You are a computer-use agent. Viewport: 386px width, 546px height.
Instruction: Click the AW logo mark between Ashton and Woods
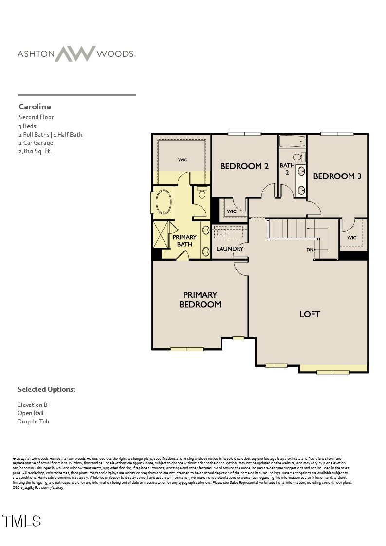(x=75, y=53)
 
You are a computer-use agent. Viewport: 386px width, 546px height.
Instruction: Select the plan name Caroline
(x=35, y=106)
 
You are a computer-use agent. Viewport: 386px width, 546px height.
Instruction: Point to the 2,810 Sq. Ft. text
(x=35, y=151)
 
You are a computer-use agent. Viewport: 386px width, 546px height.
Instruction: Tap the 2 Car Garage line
(x=36, y=143)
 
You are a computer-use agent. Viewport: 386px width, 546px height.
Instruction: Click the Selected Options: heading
(x=46, y=389)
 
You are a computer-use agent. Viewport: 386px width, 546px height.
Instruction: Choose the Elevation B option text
(x=33, y=405)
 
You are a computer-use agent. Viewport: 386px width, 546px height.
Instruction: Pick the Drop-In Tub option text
(x=33, y=422)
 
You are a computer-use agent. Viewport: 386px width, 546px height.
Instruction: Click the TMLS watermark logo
(x=21, y=521)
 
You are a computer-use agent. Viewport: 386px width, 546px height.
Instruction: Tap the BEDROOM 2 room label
(x=244, y=166)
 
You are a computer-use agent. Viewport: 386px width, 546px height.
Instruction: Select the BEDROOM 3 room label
(x=337, y=176)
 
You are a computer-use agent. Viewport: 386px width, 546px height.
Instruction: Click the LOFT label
(x=310, y=314)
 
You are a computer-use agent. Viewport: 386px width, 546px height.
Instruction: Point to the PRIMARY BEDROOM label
(x=200, y=299)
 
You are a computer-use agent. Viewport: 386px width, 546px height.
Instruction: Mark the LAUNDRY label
(x=230, y=249)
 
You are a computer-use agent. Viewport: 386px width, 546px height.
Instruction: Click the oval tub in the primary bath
(x=163, y=204)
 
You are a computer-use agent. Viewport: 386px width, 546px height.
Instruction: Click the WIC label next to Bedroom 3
(x=351, y=238)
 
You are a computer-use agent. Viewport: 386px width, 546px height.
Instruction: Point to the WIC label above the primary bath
(x=183, y=159)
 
